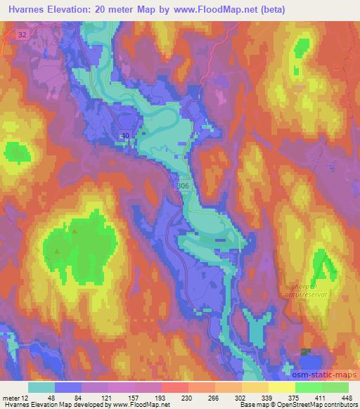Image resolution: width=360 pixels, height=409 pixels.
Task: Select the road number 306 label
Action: pos(183,186)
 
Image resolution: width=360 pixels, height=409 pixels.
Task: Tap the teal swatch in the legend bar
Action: pos(41,387)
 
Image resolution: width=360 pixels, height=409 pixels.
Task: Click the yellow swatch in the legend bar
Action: pos(281,387)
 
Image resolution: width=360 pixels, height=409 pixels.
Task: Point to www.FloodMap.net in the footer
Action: pos(140,404)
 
